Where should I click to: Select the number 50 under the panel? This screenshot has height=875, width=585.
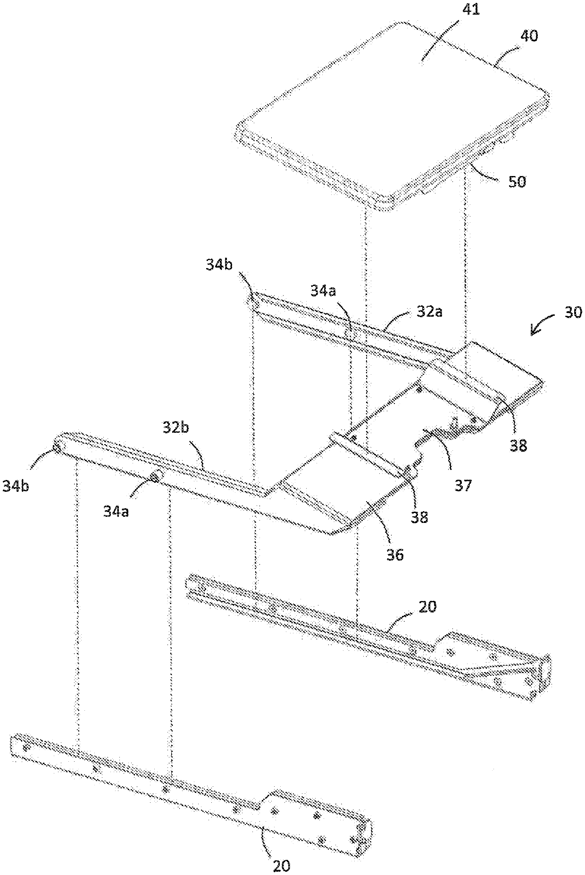(x=517, y=182)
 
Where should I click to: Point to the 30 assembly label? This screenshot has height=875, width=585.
(x=572, y=312)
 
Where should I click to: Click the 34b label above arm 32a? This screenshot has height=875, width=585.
(x=218, y=265)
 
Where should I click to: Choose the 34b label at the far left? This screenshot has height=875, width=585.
(x=16, y=485)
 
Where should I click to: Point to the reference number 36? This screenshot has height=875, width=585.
(x=395, y=554)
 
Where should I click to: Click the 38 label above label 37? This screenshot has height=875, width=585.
(x=518, y=445)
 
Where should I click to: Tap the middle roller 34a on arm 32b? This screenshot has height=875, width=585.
(x=155, y=478)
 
